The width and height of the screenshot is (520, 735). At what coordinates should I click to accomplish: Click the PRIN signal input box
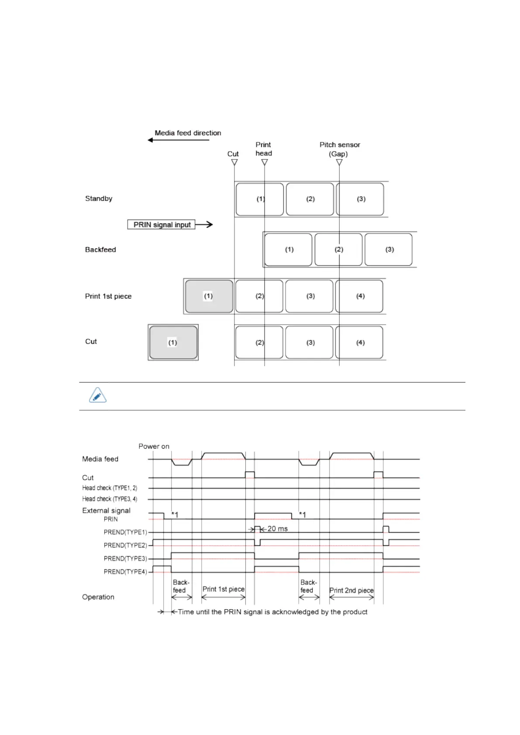[x=161, y=224]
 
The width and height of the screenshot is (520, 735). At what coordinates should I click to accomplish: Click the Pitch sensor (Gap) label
[x=339, y=149]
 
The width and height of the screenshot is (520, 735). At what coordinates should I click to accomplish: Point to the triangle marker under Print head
[x=265, y=162]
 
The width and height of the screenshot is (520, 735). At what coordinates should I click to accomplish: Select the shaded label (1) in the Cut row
[x=173, y=343]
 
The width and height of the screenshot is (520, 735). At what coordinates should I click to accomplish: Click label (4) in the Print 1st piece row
[x=360, y=296]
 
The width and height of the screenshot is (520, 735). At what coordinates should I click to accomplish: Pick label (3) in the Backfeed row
[x=389, y=250]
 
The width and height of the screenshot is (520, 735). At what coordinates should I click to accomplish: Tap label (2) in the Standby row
[x=310, y=199]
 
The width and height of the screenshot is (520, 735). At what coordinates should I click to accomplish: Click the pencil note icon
[x=97, y=395]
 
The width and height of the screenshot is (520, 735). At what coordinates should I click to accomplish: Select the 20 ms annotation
[x=277, y=529]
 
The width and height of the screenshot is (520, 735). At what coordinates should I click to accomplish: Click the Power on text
[x=154, y=446]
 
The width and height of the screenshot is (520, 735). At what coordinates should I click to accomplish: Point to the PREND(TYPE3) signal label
[x=125, y=559]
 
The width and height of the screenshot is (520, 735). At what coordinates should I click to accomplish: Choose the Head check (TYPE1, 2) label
[x=110, y=488]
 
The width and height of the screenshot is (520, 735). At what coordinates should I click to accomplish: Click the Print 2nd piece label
[x=351, y=591]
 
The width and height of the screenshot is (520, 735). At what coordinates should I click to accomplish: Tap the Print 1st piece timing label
[x=223, y=589]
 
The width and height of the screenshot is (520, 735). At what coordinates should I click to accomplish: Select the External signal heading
[x=106, y=511]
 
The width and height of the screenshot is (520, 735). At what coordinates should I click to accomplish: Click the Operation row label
[x=98, y=597]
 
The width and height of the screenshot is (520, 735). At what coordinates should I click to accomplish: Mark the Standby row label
[x=99, y=199]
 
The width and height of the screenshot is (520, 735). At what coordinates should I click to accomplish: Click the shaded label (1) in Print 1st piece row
[x=209, y=296]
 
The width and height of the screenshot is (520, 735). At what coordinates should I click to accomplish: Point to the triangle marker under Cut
[x=234, y=162]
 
